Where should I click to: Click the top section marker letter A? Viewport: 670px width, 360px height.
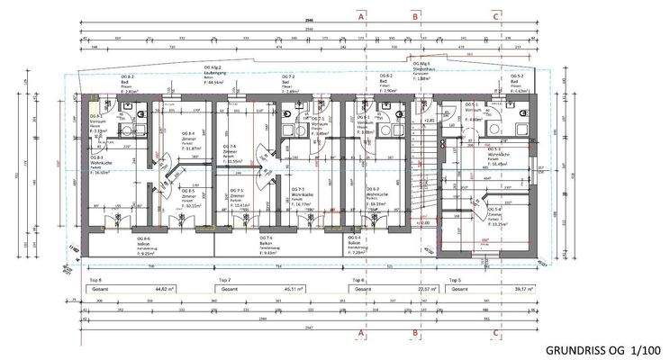click(x=361, y=16)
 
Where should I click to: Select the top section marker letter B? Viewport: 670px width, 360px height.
click(x=415, y=16)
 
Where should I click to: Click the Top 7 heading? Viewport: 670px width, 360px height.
click(x=226, y=280)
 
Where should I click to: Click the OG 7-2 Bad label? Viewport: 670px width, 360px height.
click(x=288, y=84)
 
